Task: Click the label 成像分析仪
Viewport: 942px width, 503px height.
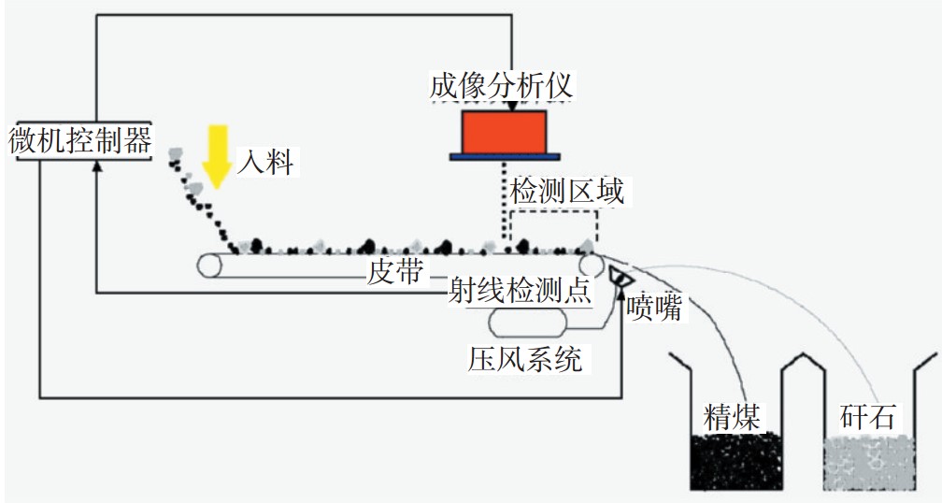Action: [x=501, y=87]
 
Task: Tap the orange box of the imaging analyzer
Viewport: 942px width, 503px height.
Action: [x=505, y=131]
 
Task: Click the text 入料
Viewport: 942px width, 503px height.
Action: [x=264, y=164]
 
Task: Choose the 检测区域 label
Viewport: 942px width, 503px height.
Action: [x=566, y=192]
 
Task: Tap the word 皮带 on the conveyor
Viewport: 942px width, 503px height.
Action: [x=395, y=272]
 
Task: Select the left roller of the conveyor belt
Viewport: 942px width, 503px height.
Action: [x=209, y=266]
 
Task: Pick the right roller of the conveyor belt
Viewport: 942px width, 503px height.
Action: [x=591, y=266]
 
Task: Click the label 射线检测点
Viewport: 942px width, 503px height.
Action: [x=520, y=292]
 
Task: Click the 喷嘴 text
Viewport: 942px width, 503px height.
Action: [x=656, y=308]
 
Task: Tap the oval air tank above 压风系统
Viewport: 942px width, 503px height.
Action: [x=528, y=322]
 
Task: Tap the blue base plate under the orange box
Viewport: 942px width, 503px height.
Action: [x=505, y=156]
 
